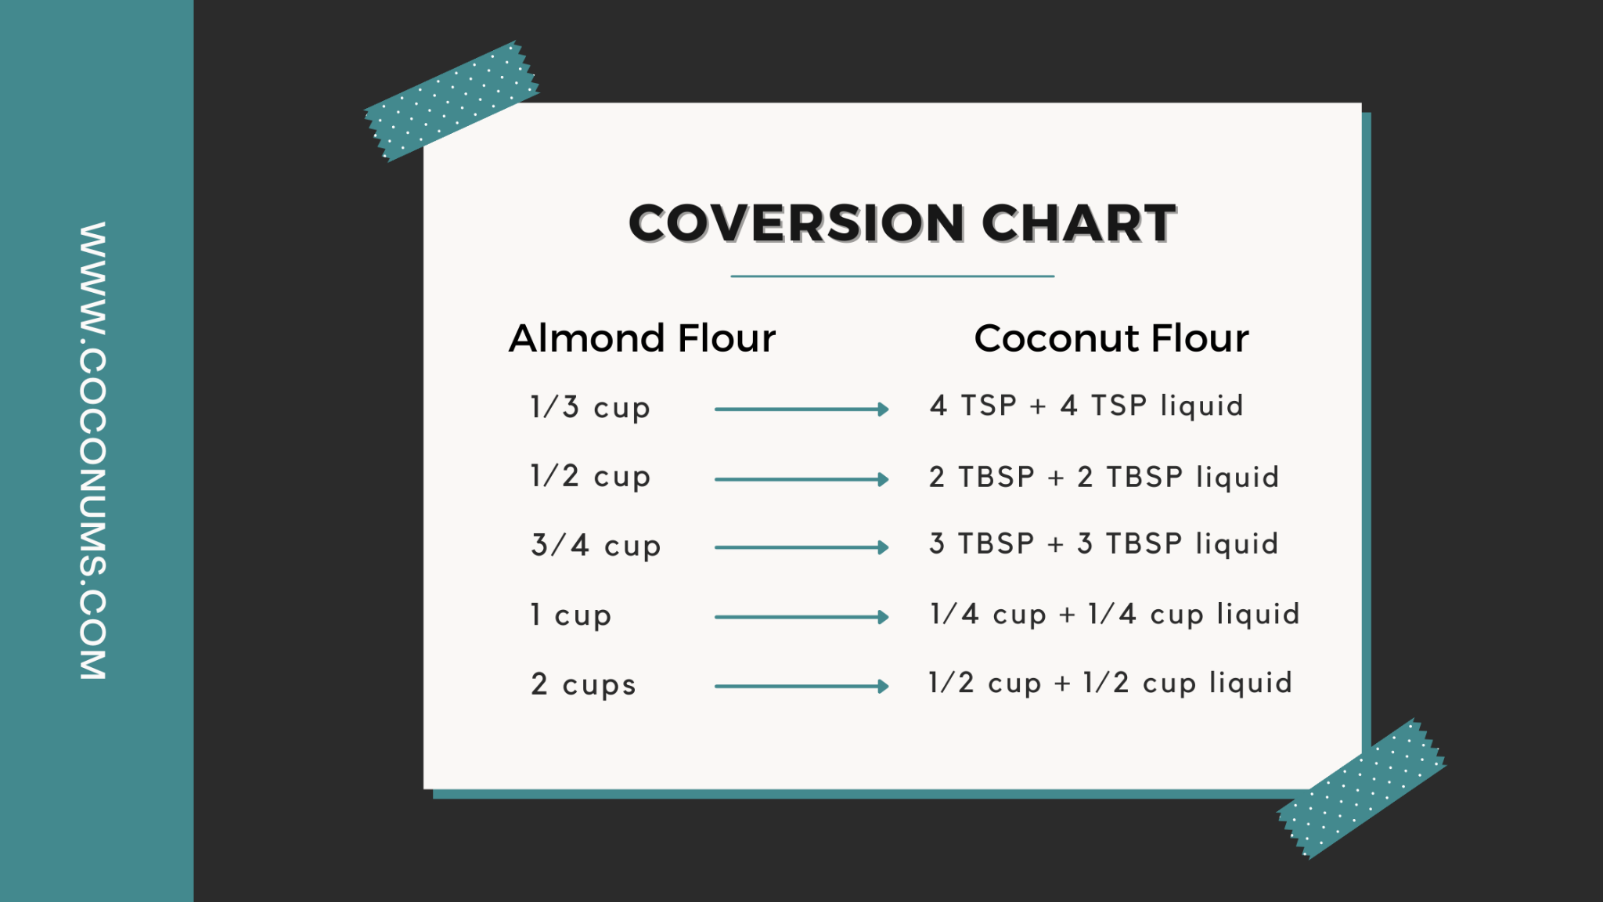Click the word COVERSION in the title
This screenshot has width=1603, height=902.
(x=797, y=223)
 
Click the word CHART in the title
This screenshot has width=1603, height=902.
(x=1079, y=223)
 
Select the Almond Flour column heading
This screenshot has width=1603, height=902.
(x=642, y=338)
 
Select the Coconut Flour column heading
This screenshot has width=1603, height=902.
(x=1111, y=338)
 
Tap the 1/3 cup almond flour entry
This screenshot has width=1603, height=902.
(x=590, y=408)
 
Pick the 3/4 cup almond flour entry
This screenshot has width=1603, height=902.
(x=596, y=546)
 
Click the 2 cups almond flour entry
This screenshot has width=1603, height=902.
(x=583, y=684)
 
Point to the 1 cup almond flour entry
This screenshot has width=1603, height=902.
(x=571, y=615)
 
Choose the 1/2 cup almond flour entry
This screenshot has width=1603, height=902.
(x=590, y=477)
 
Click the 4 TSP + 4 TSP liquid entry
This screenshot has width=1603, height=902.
(x=1086, y=406)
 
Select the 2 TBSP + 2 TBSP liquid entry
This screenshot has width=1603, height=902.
(x=1104, y=477)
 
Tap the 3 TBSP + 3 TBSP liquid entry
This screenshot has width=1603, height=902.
(x=1104, y=543)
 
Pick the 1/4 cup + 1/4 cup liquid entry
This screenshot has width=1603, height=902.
(x=1115, y=614)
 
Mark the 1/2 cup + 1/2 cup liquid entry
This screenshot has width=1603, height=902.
(x=1110, y=683)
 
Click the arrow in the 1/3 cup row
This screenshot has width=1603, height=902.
(x=801, y=409)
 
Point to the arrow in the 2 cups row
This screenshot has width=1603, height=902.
(x=801, y=687)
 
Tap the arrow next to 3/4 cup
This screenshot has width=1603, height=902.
(x=801, y=547)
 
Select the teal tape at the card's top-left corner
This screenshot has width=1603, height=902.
(x=452, y=101)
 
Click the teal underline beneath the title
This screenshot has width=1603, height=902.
(x=892, y=276)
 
